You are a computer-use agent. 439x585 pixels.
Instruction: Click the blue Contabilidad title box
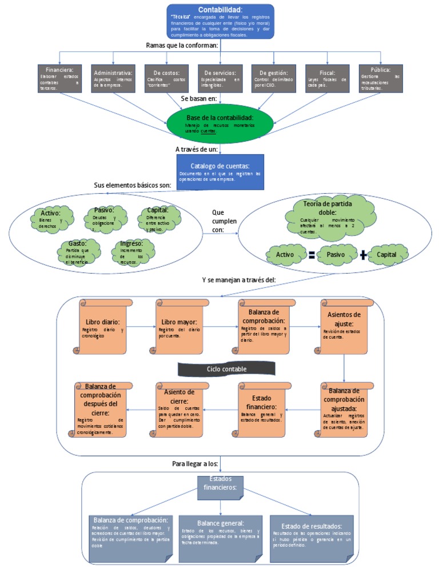(x=220, y=22)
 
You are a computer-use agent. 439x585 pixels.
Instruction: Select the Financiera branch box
(x=59, y=78)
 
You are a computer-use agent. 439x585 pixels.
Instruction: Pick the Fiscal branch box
(x=328, y=78)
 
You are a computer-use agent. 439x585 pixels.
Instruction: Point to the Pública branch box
(x=381, y=78)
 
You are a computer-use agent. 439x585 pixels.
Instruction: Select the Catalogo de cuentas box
(x=220, y=171)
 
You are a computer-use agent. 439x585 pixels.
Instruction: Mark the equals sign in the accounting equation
(x=312, y=255)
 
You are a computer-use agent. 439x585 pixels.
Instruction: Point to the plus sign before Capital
(x=364, y=255)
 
